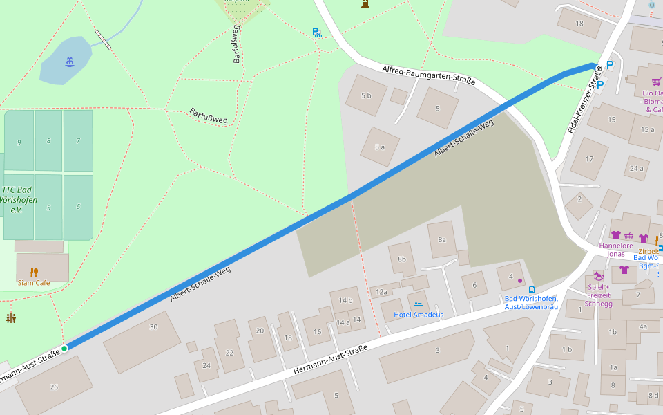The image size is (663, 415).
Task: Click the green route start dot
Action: click(64, 349)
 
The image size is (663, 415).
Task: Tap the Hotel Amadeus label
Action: click(419, 315)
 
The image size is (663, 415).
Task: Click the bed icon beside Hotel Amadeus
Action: click(418, 304)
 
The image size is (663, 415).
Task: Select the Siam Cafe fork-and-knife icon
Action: click(34, 272)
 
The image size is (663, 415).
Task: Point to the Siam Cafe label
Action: click(34, 282)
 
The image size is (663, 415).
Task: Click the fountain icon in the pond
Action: click(69, 62)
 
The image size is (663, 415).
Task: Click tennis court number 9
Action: click(19, 142)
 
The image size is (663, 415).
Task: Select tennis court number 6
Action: click(78, 206)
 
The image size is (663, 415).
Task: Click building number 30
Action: click(153, 326)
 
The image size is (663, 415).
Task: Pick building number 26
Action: click(54, 387)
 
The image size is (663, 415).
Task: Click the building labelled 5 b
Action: click(365, 95)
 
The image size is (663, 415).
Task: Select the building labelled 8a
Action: click(442, 239)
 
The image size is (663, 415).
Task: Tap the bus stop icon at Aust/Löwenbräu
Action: click(531, 289)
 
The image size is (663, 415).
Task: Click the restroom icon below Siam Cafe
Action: click(10, 318)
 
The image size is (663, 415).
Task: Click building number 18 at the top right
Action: click(579, 24)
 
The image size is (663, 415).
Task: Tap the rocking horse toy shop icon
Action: click(598, 275)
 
